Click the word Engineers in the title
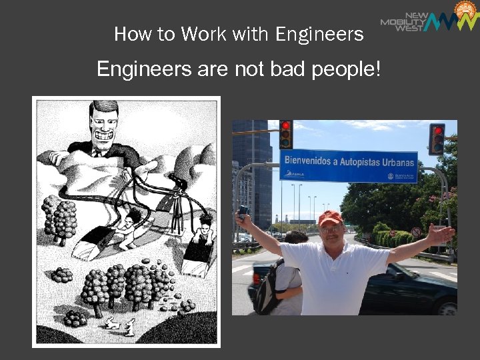320,35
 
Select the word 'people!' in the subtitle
349,69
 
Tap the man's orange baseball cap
329,217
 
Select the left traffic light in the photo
286,134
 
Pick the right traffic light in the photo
437,139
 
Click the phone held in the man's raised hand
243,211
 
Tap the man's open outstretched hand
440,234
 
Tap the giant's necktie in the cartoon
97,153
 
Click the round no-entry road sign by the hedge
416,232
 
